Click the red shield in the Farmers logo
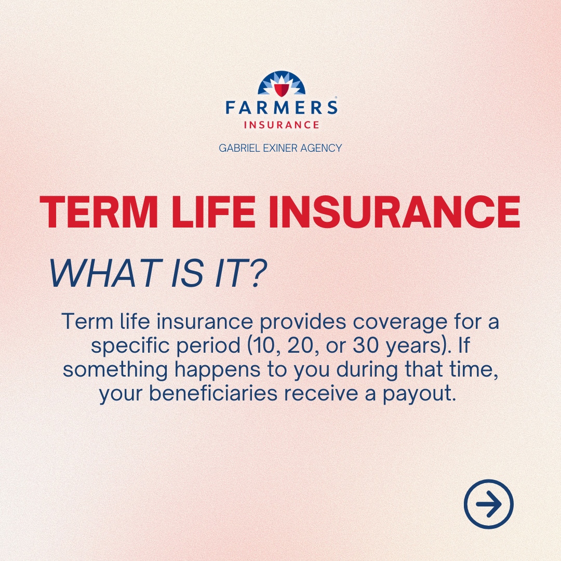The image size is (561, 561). (x=281, y=89)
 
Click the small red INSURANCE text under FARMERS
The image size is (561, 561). (x=281, y=125)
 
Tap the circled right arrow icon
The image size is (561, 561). (x=488, y=504)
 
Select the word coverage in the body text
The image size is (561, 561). (x=397, y=322)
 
